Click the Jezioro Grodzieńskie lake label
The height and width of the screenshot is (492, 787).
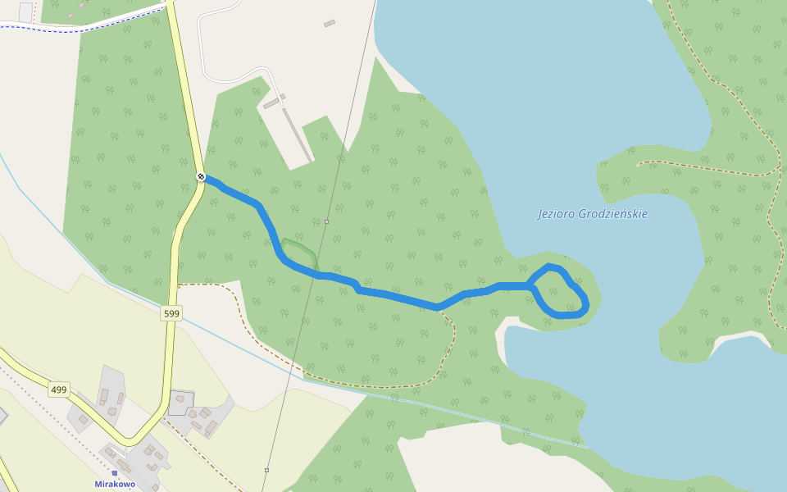tap(593, 214)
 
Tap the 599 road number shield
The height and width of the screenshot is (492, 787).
tap(171, 313)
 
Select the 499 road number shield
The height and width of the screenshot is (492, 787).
tap(58, 389)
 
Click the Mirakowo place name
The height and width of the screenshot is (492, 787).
tap(115, 484)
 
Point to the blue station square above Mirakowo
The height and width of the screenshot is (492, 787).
tap(115, 473)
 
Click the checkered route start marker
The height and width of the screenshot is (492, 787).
tap(201, 176)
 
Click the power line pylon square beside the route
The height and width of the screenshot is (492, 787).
tap(326, 221)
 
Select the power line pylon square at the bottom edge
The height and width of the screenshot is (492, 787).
tap(266, 470)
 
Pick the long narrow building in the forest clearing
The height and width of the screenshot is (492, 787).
tap(298, 135)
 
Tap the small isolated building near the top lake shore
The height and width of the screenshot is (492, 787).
tap(330, 23)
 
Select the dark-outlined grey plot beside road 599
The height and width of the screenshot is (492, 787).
tap(181, 402)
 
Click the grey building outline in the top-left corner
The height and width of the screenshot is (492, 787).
tap(25, 11)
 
